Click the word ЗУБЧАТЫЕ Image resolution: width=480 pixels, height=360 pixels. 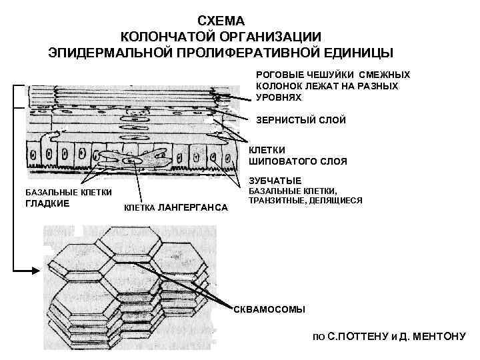click(275, 180)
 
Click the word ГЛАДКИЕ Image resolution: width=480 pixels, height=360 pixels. click(47, 203)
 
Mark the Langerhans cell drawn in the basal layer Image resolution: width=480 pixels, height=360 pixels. click(133, 161)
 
